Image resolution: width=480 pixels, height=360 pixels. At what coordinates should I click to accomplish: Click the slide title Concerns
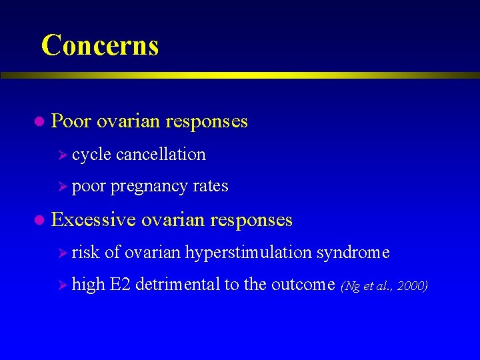[100, 45]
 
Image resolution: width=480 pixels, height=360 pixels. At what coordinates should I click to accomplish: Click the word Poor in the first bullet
[71, 121]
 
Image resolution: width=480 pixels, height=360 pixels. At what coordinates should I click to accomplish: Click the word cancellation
[161, 155]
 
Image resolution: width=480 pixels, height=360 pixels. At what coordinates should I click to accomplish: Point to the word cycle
[91, 155]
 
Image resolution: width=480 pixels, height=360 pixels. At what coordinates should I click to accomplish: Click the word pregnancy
[149, 187]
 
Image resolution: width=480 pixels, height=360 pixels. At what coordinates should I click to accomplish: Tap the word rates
[211, 187]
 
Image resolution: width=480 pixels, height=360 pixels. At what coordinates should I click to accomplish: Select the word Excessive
[94, 219]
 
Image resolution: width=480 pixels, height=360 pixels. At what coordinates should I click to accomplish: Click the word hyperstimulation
[249, 253]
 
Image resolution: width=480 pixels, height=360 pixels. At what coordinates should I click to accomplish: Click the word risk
[85, 253]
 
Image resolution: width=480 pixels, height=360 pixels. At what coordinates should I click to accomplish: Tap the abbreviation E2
[120, 285]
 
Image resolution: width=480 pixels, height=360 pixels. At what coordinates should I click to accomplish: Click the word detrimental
[177, 285]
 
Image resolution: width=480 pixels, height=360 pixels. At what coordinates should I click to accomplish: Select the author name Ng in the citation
[349, 287]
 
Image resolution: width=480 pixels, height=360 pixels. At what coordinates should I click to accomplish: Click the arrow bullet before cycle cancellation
[63, 155]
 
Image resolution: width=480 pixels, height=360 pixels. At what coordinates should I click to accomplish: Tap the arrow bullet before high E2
[63, 285]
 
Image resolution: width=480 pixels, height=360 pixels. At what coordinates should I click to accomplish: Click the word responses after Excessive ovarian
[250, 219]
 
